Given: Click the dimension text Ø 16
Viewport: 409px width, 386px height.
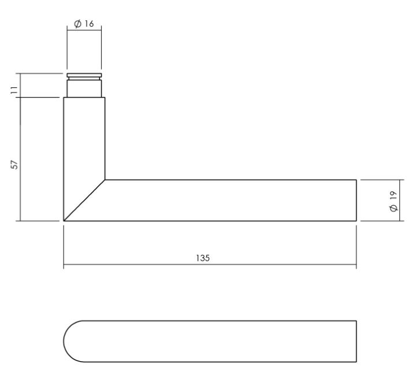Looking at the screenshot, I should (84, 24).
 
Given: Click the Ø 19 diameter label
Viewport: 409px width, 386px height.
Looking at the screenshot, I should (395, 201).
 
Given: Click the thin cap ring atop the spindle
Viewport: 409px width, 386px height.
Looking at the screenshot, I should (84, 75).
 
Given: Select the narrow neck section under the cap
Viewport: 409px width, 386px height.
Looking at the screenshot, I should (84, 88).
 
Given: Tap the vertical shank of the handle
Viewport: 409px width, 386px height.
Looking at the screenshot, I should (84, 139).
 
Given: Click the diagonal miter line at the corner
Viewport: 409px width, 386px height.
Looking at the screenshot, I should (84, 200).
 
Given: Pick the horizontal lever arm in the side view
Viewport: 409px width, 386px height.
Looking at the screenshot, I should (231, 201).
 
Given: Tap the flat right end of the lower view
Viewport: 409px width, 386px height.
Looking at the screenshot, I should (356, 341).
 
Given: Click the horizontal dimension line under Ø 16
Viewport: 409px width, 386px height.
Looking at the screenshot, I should (84, 30).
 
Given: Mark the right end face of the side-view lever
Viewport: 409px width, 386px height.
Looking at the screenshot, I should (356, 201).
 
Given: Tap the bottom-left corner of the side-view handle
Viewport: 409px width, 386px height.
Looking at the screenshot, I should (64, 221).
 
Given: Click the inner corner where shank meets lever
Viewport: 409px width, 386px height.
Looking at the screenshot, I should (105, 180).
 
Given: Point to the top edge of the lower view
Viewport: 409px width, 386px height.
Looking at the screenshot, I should (220, 320).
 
